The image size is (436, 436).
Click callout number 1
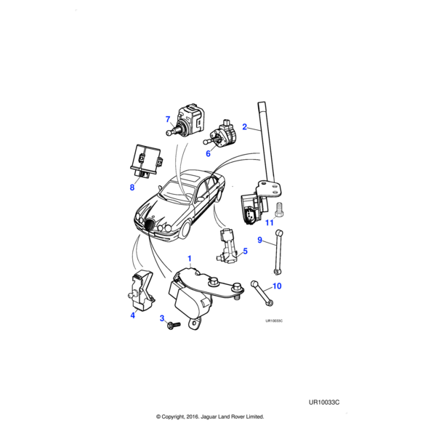click(x=190, y=259)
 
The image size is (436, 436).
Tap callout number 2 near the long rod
click(x=245, y=129)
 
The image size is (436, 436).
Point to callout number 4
click(x=133, y=315)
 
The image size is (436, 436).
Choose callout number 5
click(x=245, y=251)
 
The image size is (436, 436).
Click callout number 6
click(x=207, y=153)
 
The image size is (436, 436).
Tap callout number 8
click(x=132, y=187)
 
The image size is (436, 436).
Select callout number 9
click(x=260, y=239)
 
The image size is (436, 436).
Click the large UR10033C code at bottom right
click(x=325, y=402)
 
